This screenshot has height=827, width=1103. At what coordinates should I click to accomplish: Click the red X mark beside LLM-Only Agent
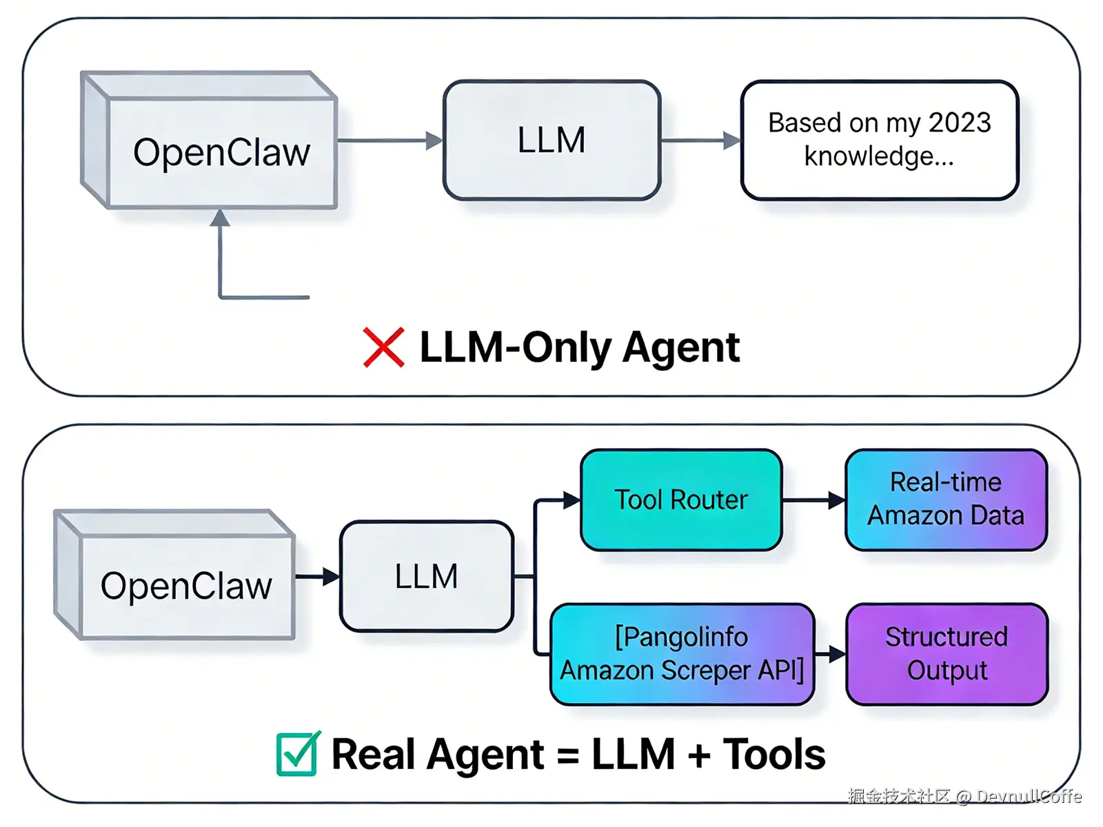pos(383,347)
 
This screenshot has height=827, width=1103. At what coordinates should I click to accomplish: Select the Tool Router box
pos(681,500)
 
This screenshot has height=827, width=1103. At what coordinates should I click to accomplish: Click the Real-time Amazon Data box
pos(946,500)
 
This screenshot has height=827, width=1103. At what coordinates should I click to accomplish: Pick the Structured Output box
pos(947,653)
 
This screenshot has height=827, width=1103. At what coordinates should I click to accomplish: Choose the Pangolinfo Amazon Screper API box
pos(682,653)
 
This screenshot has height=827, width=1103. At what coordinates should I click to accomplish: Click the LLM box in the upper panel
pos(551,141)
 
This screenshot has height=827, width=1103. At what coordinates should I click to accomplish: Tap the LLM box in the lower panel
pos(427,576)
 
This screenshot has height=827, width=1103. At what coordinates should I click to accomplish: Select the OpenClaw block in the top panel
pos(221,152)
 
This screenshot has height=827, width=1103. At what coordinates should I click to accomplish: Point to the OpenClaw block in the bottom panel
pos(186,586)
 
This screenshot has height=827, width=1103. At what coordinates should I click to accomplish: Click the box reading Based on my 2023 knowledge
pos(879,141)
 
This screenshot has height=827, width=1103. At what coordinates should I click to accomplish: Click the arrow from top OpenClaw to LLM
pos(389,141)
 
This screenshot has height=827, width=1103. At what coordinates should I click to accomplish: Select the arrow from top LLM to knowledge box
pos(700,141)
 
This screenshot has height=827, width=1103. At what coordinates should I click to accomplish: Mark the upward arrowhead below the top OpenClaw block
pos(220,218)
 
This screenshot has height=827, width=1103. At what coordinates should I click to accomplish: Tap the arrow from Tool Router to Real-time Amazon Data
pos(813,500)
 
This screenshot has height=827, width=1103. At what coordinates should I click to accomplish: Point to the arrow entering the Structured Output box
pos(831,653)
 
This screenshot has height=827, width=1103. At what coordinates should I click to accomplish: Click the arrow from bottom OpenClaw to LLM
pos(318,576)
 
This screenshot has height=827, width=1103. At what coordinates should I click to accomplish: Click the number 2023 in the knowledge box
pos(960,123)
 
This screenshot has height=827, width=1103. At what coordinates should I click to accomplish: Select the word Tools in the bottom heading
pos(773,754)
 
